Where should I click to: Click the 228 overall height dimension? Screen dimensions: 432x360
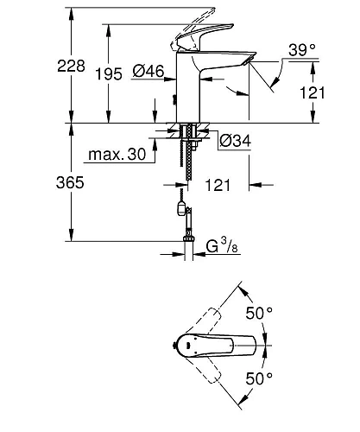[46, 64]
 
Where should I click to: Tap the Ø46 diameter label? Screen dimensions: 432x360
[149, 75]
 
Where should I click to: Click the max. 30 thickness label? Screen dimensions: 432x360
[114, 156]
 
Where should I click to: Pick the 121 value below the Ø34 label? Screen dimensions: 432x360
[219, 185]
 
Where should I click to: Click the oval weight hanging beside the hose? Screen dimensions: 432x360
[178, 209]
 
